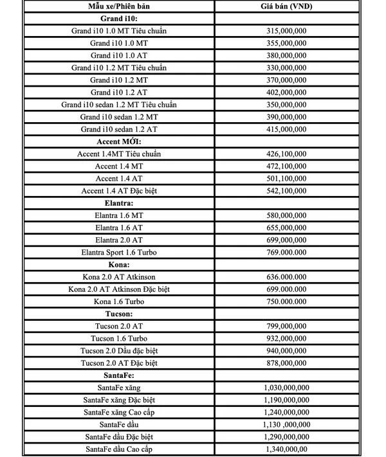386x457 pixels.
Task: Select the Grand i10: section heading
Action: click(118, 18)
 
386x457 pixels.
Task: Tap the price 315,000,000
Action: click(286, 31)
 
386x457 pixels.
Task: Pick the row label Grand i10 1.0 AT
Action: click(119, 55)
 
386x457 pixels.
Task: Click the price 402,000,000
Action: click(286, 93)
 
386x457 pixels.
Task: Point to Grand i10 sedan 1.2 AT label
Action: click(119, 129)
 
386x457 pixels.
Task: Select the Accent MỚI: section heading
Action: click(119, 141)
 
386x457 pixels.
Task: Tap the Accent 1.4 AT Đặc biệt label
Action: click(119, 191)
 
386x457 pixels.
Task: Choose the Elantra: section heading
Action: click(119, 203)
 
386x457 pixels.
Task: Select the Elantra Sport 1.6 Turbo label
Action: click(119, 253)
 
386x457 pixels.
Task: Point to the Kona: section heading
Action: click(119, 265)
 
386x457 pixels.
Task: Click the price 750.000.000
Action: click(286, 301)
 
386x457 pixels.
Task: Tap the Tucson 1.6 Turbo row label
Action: click(119, 339)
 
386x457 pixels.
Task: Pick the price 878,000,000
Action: click(286, 363)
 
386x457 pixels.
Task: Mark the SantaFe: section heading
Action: click(119, 375)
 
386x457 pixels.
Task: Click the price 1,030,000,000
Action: click(286, 388)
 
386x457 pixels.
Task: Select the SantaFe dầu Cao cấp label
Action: click(119, 449)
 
